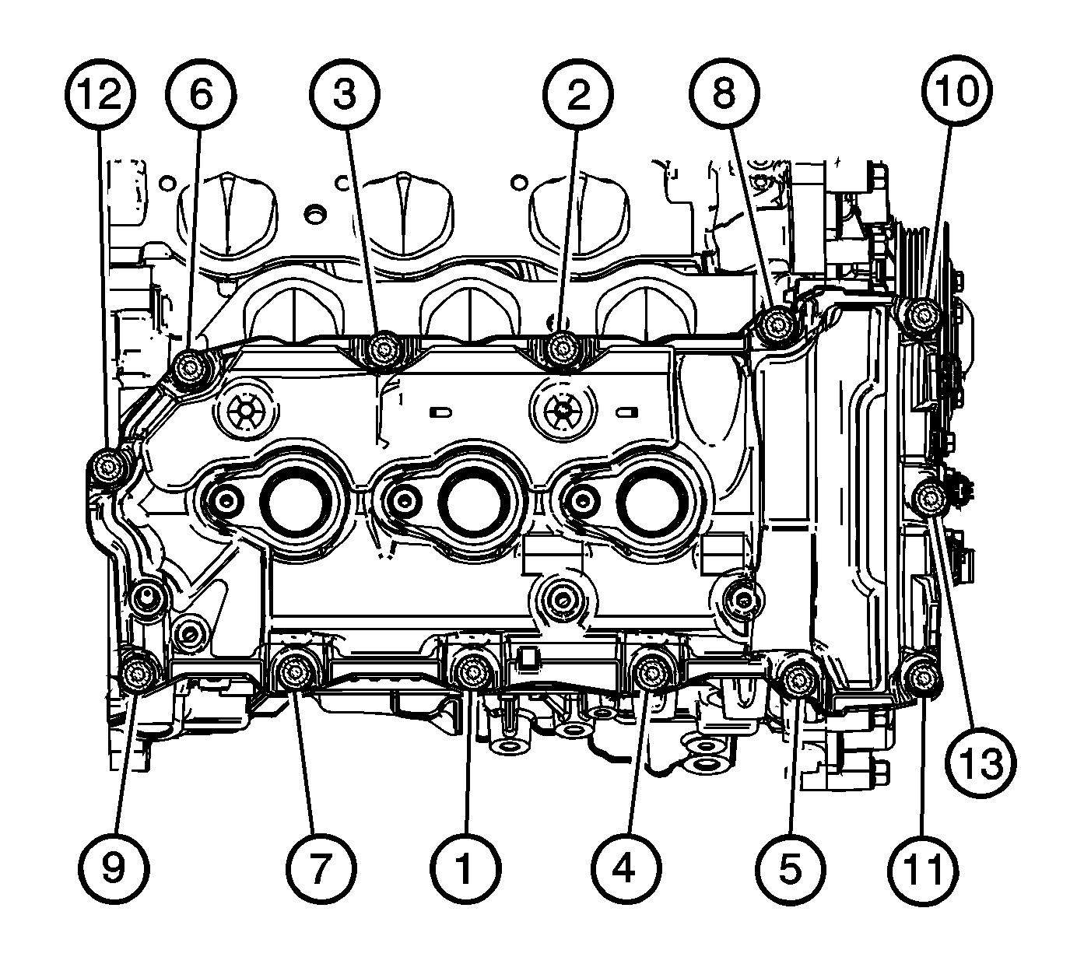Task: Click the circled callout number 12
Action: click(x=100, y=94)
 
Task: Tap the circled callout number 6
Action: click(x=201, y=94)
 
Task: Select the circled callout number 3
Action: click(x=346, y=94)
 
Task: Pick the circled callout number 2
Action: click(x=577, y=94)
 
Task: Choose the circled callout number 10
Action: click(x=957, y=91)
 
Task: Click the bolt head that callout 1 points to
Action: click(x=471, y=671)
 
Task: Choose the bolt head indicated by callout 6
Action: click(x=191, y=366)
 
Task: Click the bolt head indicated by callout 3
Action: click(x=382, y=349)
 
